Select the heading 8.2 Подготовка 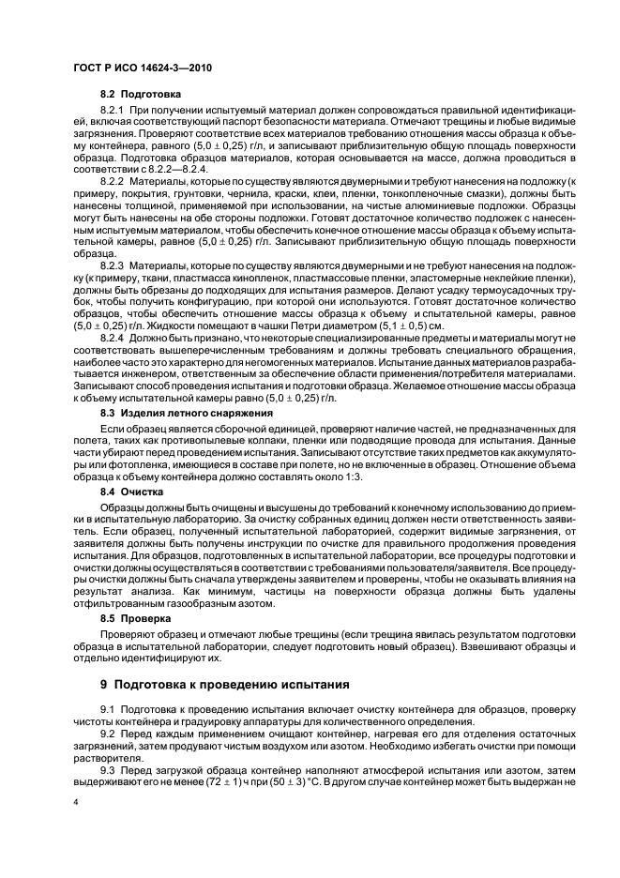click(x=141, y=95)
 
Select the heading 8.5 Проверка click(x=136, y=619)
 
